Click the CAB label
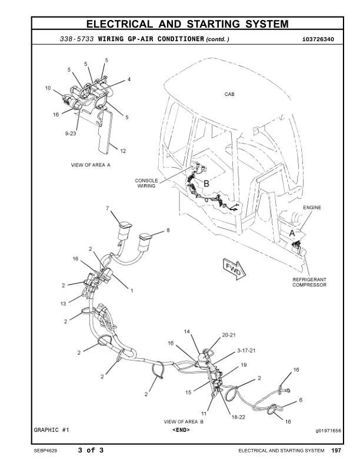pos(229,94)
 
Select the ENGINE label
pos(313,208)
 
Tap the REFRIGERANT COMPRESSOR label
pos(309,282)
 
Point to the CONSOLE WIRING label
pos(146,183)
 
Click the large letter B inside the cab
pos(206,184)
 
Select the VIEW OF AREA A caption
pos(91,165)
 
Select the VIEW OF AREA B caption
pos(184,422)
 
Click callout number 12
pos(123,151)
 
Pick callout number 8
pos(168,231)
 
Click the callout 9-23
pos(71,134)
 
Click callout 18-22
pos(238,417)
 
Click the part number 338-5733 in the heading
pos(77,39)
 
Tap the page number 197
pos(336,451)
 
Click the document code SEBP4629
pos(45,451)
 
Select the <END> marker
pos(181,430)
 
